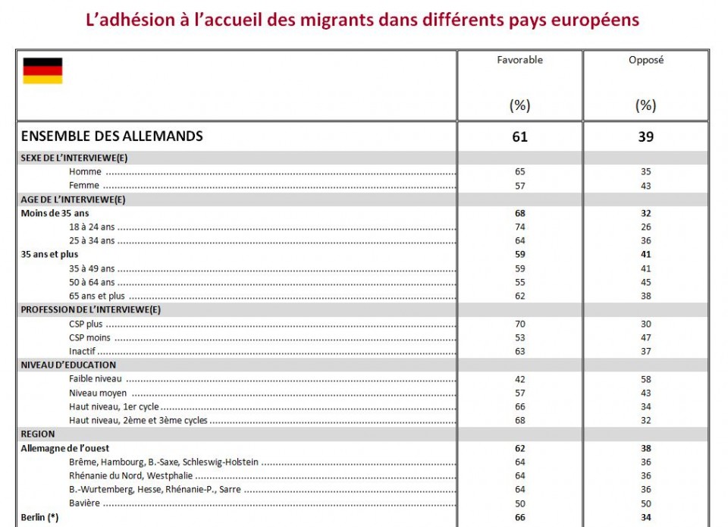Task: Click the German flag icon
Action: pyautogui.click(x=42, y=71)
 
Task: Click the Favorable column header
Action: pyautogui.click(x=519, y=60)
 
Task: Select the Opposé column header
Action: pyautogui.click(x=646, y=60)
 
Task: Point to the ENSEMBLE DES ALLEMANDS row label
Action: pyautogui.click(x=111, y=136)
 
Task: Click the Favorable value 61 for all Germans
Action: pyautogui.click(x=519, y=137)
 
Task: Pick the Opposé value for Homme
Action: pyautogui.click(x=645, y=171)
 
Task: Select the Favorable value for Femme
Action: pyautogui.click(x=519, y=185)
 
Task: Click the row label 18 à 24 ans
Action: pyautogui.click(x=92, y=227)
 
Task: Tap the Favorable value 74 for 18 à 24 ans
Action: pyautogui.click(x=519, y=227)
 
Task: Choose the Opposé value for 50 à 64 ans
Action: pyautogui.click(x=645, y=282)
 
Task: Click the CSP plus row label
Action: pyautogui.click(x=86, y=324)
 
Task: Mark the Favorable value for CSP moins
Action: pyautogui.click(x=519, y=337)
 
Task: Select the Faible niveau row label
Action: pyautogui.click(x=96, y=379)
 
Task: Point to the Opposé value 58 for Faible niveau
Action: pyautogui.click(x=645, y=379)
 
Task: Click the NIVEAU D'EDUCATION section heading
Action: pyautogui.click(x=68, y=365)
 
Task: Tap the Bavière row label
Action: pyautogui.click(x=84, y=503)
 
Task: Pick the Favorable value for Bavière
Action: pyautogui.click(x=519, y=503)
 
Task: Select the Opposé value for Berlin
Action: pyautogui.click(x=645, y=517)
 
